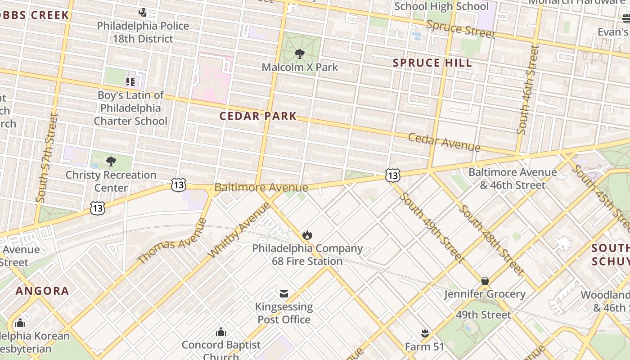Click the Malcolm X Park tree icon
(299, 54)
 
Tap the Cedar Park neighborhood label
(258, 116)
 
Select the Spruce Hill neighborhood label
(432, 63)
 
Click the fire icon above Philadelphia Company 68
(307, 235)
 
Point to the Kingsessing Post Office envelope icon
(284, 294)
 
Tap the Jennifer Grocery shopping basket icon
(485, 281)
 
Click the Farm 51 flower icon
(424, 333)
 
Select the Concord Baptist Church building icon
(221, 332)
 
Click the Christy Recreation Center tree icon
(111, 161)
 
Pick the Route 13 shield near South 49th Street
(393, 175)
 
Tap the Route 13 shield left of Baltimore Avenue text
(179, 184)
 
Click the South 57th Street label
(47, 157)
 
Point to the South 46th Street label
(528, 89)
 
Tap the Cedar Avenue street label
(444, 142)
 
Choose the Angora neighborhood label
(42, 291)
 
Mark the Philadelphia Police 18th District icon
(143, 13)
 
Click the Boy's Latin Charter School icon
(130, 82)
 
